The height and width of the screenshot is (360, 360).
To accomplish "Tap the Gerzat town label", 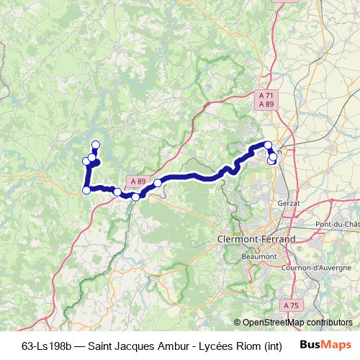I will pos(287,204).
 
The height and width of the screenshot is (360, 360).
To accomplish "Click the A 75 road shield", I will pos(291,306).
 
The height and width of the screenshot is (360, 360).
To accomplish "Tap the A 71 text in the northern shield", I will pos(266,95).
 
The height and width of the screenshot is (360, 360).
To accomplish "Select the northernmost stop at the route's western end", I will pos(95,145).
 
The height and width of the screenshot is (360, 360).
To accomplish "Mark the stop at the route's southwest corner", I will pos(86,190).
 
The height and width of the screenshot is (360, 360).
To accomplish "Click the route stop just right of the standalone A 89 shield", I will pos(157,184).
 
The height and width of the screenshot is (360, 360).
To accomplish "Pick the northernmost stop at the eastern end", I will pos(268,145).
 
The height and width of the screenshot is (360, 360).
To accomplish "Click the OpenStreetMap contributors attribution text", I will pos(297,323).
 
